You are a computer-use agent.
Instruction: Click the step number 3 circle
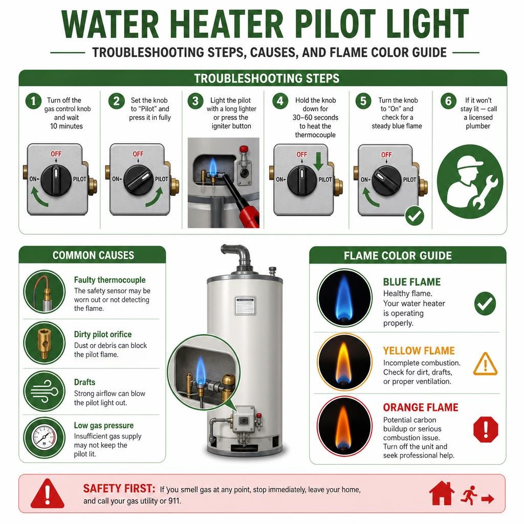point(195,101)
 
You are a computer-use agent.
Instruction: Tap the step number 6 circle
point(448,101)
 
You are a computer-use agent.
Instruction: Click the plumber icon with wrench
point(470,182)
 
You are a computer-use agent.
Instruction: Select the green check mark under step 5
point(414,216)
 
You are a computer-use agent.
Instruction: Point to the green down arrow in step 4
point(318,161)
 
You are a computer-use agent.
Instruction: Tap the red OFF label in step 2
point(138,154)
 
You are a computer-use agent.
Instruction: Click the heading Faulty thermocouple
point(110,280)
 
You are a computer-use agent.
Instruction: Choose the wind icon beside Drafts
point(44,391)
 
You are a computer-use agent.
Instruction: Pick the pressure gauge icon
point(44,438)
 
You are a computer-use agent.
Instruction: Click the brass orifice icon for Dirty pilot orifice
point(44,342)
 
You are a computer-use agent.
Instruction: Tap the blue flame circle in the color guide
point(344,297)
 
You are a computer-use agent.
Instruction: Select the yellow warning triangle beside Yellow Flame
point(485,364)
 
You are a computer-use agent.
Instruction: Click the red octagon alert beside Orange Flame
point(486,429)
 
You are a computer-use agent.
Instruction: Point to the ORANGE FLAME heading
point(421,407)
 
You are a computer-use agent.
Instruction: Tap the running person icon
point(469,495)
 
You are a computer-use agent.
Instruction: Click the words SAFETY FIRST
point(119,489)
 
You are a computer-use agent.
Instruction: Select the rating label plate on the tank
point(245,305)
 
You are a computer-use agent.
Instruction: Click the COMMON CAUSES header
point(93,255)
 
